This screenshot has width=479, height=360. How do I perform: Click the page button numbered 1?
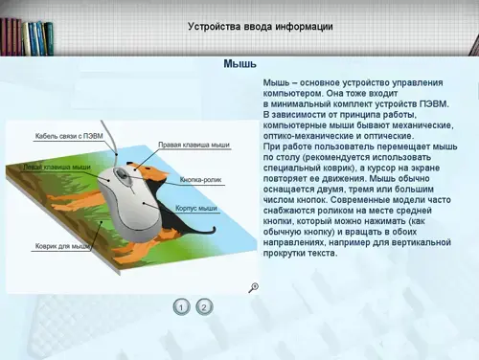tap(181, 307)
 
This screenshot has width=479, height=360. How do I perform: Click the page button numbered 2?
tap(204, 307)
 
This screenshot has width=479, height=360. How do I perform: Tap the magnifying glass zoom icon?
tap(254, 287)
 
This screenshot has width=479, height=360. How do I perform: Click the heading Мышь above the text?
tap(239, 64)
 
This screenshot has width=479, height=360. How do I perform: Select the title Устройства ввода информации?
tap(261, 26)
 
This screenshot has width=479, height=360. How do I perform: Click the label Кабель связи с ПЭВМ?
tap(69, 136)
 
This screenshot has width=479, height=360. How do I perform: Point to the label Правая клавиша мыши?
tap(194, 145)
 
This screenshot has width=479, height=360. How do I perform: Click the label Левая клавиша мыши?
tap(57, 167)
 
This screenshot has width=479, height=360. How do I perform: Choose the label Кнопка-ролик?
tap(200, 180)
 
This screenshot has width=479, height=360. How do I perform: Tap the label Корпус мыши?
tap(196, 209)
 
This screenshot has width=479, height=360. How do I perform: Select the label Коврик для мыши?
tap(62, 246)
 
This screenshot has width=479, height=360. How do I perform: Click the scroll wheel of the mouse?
tap(122, 174)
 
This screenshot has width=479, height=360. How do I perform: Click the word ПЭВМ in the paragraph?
tap(434, 104)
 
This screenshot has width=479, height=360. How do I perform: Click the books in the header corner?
tap(27, 37)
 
